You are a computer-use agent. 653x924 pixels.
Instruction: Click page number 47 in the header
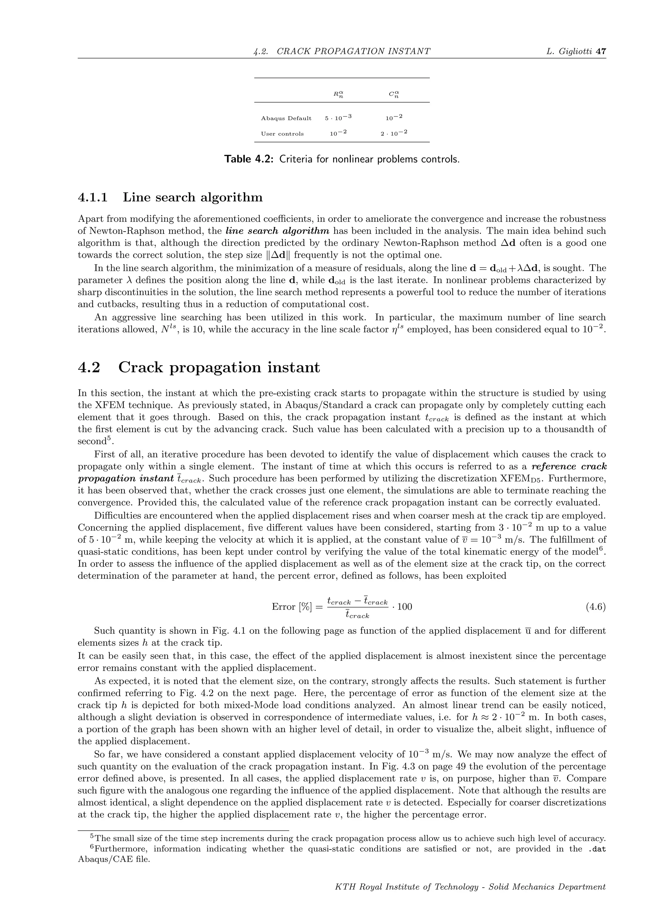601,51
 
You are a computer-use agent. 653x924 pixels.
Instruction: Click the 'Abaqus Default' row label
286,118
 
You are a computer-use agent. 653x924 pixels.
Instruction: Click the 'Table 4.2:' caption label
249,159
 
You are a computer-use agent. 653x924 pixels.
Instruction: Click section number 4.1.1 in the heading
93,197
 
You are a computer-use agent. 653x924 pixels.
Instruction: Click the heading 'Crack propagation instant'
219,367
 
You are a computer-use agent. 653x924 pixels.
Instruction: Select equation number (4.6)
596,607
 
